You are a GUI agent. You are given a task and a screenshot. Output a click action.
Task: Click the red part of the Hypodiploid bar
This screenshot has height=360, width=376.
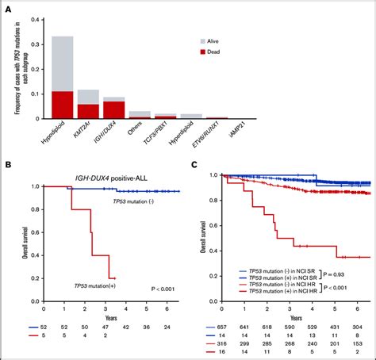click(63, 105)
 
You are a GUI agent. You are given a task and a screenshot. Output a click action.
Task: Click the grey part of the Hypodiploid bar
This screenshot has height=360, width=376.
click(63, 63)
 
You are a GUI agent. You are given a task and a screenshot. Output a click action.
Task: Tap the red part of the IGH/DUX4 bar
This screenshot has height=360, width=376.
click(113, 110)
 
